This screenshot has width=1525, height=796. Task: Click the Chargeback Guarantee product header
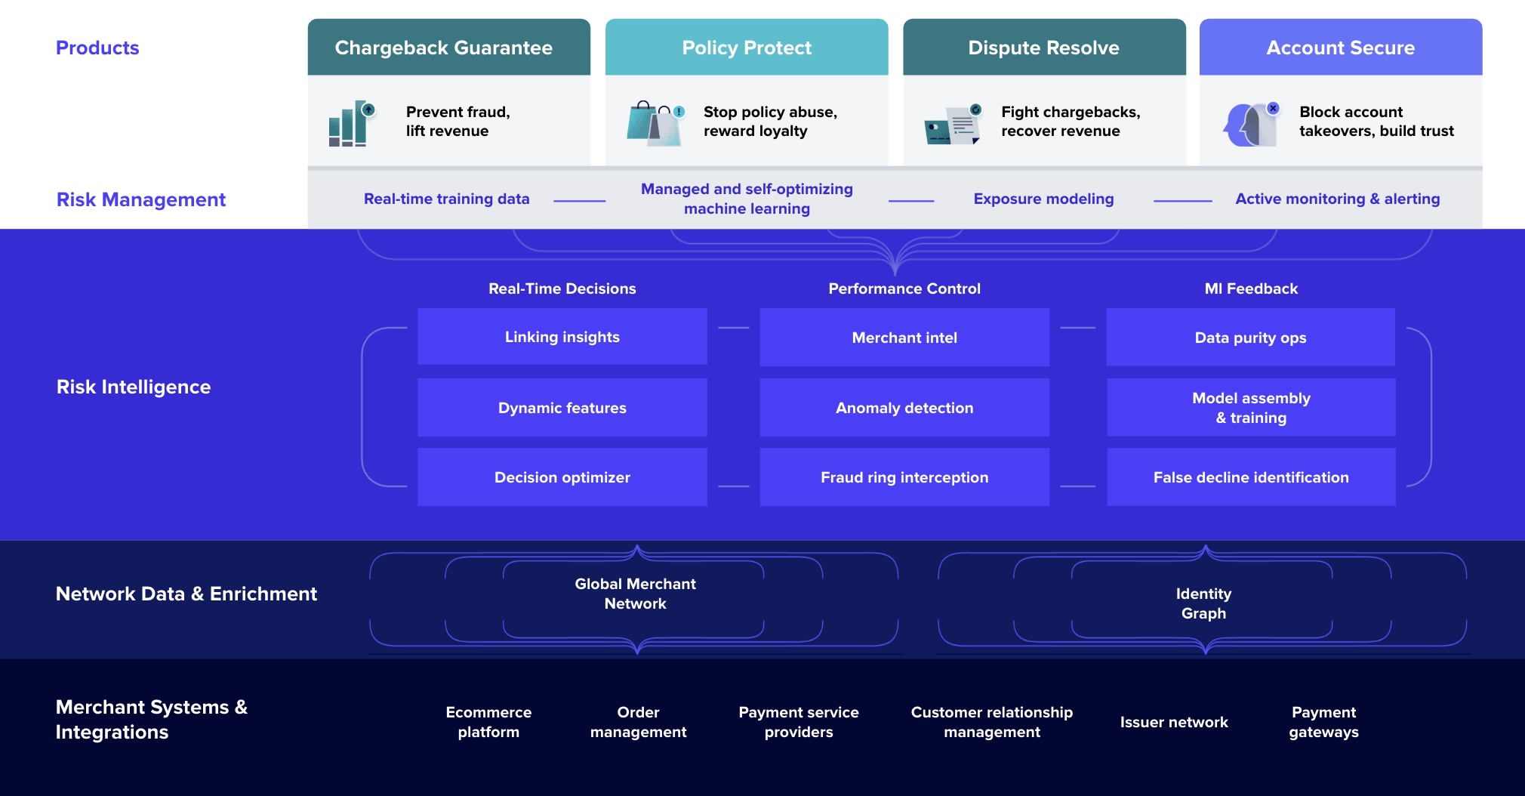point(448,47)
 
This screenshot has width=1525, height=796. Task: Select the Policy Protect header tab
point(747,47)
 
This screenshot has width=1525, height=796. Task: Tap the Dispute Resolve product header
point(1044,47)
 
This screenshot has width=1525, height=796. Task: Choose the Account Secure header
point(1341,47)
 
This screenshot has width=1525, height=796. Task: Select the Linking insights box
point(562,337)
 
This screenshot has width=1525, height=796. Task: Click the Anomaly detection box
point(904,408)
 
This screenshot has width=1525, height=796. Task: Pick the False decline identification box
point(1251,477)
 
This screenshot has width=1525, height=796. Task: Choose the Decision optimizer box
point(562,477)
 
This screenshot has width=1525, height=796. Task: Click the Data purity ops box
point(1251,337)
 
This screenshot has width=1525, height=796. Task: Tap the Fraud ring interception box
point(904,477)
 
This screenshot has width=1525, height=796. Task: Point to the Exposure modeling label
point(1043,199)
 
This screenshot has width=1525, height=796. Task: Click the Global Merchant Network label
point(636,594)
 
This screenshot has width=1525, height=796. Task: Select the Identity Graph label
point(1203,603)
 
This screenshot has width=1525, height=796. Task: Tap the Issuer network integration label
point(1174,722)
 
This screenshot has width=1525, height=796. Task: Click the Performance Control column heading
point(904,288)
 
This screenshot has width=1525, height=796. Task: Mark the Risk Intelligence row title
point(134,387)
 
